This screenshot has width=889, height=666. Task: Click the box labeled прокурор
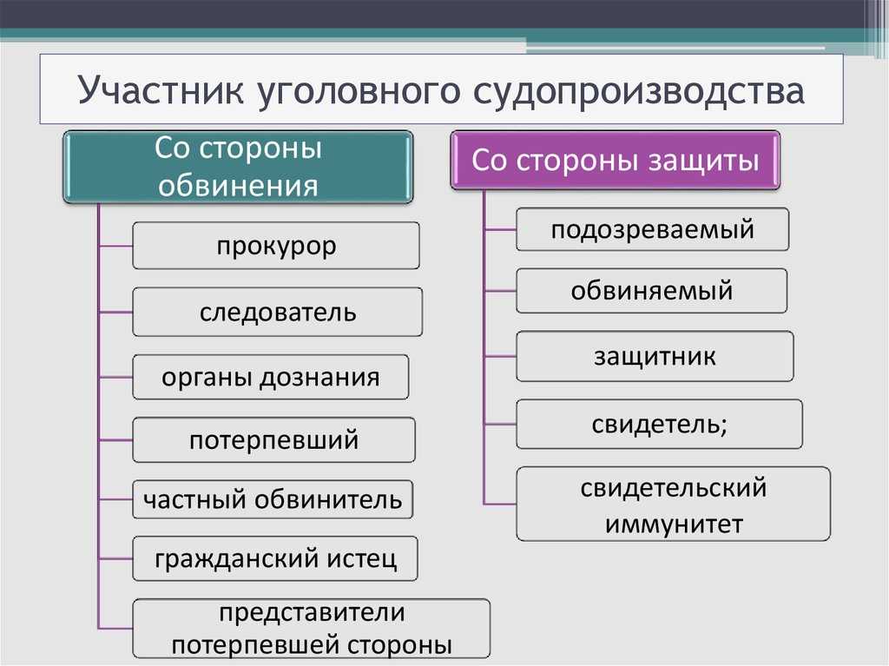point(276,246)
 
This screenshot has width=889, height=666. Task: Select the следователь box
point(277,312)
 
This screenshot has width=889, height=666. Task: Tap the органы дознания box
point(271,377)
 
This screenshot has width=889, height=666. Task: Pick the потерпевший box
point(273,440)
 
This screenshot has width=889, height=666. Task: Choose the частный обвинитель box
point(273,499)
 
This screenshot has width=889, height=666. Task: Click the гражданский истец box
point(275,559)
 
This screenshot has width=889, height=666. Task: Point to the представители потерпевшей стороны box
point(312,629)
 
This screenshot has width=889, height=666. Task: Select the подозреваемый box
point(653,229)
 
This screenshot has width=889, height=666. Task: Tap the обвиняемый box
point(651,291)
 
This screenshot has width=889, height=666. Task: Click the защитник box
point(655,356)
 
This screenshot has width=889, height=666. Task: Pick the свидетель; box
point(660,425)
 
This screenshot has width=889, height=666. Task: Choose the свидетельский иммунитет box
point(674,504)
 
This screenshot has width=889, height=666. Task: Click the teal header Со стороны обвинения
point(238,167)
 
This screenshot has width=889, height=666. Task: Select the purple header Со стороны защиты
point(616,160)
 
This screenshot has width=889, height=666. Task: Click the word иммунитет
point(674,524)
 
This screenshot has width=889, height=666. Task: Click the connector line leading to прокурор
point(115,247)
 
